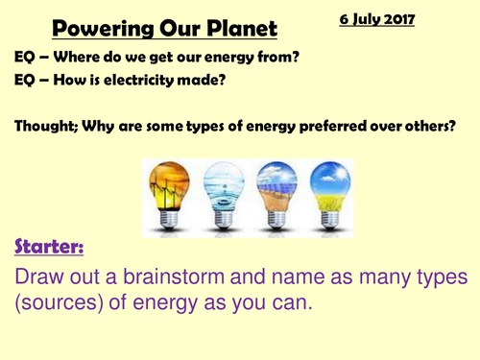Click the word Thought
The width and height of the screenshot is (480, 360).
pyautogui.click(x=47, y=126)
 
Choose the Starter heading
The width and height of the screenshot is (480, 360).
pyautogui.click(x=48, y=249)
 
